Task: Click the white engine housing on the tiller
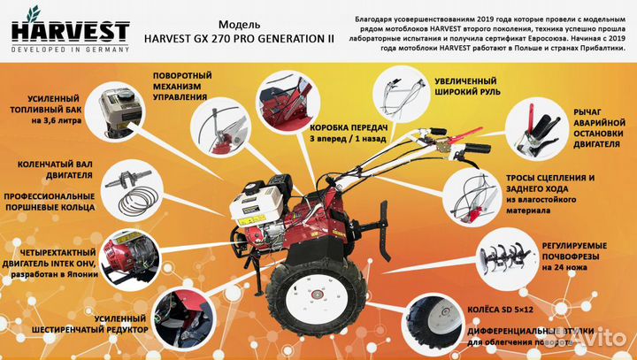(x=249, y=212)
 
